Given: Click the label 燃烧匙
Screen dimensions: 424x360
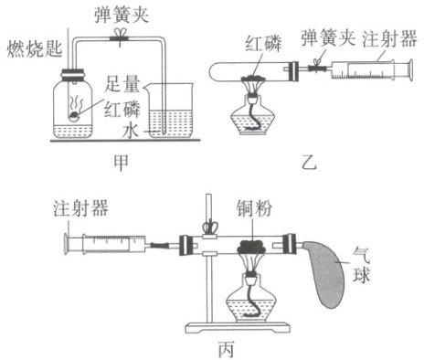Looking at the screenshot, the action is tap(35, 48).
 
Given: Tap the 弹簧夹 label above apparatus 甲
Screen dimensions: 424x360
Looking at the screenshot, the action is tap(122, 15).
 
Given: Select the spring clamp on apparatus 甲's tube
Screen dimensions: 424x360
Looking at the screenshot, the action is tap(120, 37).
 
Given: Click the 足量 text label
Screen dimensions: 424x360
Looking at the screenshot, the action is tap(122, 84).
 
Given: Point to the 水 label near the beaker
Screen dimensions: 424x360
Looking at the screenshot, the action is tap(131, 131).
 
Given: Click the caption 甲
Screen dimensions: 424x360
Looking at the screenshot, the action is tap(121, 164).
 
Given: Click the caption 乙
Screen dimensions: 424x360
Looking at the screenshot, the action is tap(309, 163).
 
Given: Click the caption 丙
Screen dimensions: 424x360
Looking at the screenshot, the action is tap(227, 350).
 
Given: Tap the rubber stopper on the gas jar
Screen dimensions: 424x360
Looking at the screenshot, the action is tap(73, 75).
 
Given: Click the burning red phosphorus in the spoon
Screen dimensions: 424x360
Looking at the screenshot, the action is tap(74, 114).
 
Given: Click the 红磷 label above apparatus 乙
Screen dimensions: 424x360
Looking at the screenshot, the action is tap(263, 44).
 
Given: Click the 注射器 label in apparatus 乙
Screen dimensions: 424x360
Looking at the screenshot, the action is tap(389, 39).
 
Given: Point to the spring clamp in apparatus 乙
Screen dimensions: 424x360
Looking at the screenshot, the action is tap(317, 66).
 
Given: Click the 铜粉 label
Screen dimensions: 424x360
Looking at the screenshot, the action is tap(254, 208).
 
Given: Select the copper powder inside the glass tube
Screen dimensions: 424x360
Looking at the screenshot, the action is tap(252, 247).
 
